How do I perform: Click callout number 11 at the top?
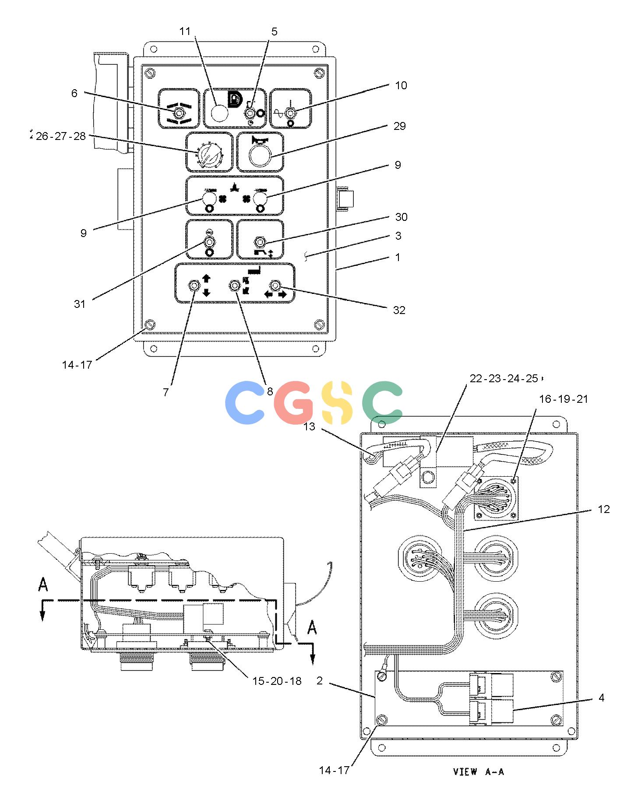point(185,31)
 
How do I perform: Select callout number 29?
point(399,126)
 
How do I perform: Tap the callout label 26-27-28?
point(61,136)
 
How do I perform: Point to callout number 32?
point(399,310)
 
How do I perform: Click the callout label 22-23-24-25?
point(504,378)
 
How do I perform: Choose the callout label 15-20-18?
point(277,681)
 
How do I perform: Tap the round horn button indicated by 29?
point(260,156)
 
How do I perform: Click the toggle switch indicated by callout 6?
point(178,114)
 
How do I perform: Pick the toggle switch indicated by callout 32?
point(275,286)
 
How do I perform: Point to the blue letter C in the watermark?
point(245,403)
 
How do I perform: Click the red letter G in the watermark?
point(294,403)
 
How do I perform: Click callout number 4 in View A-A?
point(601,698)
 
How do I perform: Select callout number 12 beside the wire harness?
point(604,509)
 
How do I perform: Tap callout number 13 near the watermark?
point(309,426)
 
